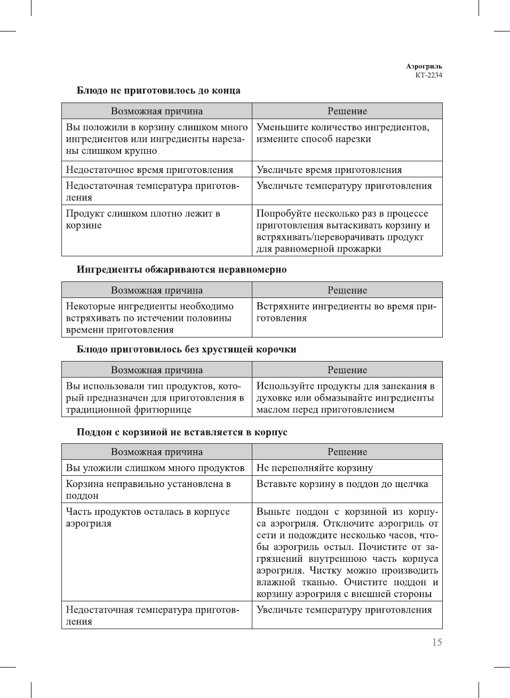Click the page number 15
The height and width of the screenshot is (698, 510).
click(437, 642)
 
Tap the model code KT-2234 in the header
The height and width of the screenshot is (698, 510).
click(428, 75)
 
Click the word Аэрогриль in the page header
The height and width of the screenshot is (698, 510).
click(424, 66)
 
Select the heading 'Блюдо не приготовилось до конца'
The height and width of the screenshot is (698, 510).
click(158, 90)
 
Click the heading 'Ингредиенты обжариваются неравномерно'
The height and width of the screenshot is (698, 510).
click(181, 269)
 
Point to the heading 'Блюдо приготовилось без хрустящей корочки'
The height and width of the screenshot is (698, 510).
click(186, 349)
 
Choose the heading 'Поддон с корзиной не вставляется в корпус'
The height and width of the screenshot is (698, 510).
click(182, 432)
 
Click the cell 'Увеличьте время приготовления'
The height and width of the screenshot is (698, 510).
click(329, 170)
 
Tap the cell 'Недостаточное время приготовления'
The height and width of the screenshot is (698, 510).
click(149, 170)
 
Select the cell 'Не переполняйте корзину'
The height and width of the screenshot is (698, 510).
click(315, 468)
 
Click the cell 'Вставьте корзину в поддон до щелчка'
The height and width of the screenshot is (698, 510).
click(342, 484)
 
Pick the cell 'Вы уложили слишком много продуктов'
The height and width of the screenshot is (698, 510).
click(155, 468)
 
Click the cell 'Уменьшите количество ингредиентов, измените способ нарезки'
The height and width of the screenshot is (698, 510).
click(342, 133)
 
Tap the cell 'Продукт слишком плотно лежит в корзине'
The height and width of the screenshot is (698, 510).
click(143, 219)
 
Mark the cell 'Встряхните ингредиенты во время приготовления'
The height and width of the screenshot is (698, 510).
click(346, 312)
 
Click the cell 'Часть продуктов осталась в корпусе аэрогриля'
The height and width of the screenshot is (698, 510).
click(148, 517)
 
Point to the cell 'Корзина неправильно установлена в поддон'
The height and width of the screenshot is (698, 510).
click(148, 490)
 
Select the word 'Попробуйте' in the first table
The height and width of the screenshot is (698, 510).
click(283, 214)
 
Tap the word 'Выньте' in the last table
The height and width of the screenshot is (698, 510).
click(273, 512)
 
